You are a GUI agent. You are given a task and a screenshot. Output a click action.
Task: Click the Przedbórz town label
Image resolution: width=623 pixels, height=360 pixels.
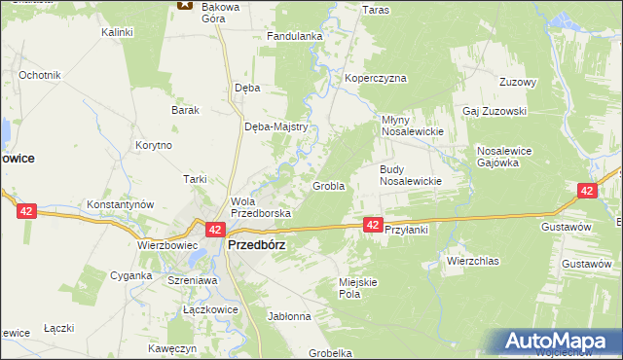(256, 246)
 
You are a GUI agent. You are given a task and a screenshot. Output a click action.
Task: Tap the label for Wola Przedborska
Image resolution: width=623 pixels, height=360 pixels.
(254, 206)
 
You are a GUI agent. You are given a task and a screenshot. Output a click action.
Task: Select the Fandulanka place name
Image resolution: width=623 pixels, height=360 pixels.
(294, 37)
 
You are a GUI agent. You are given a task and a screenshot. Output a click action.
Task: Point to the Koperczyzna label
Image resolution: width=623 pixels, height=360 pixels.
(375, 78)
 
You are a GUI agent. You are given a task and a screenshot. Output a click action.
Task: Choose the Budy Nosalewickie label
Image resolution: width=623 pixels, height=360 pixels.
(410, 174)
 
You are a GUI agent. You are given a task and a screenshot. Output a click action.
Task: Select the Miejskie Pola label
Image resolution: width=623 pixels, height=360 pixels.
(356, 287)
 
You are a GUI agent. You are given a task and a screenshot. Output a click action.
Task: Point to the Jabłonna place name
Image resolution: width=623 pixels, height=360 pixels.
(288, 316)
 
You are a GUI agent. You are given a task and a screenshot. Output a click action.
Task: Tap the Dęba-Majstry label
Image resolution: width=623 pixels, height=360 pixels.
(276, 126)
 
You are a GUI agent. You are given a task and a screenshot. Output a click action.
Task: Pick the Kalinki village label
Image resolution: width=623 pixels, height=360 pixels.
(117, 32)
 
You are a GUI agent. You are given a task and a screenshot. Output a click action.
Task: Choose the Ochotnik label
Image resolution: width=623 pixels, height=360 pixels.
(40, 75)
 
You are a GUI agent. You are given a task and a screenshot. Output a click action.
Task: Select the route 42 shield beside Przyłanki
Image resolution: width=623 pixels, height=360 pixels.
(373, 225)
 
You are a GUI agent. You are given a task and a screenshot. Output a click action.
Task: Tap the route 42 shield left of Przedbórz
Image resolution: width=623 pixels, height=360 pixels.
(216, 230)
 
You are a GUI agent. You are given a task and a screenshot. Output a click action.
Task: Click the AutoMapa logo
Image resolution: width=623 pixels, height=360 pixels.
(559, 342)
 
